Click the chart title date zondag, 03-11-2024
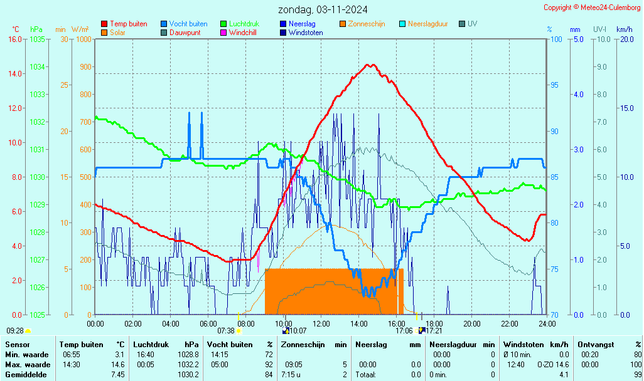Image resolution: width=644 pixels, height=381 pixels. (323, 9)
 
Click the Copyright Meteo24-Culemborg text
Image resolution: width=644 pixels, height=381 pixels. (593, 8)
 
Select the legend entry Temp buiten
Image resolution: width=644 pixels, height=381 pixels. (128, 24)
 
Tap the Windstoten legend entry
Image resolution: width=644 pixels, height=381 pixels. (306, 33)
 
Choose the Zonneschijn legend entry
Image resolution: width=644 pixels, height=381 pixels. (367, 24)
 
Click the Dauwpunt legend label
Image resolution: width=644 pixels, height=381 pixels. (185, 33)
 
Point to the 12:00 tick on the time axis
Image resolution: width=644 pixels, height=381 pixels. (321, 323)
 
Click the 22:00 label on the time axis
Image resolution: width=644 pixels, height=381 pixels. (510, 323)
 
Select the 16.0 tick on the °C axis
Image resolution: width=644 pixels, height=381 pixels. (15, 39)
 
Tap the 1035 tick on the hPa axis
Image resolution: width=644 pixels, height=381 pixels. (37, 39)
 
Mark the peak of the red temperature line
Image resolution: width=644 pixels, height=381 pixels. (371, 65)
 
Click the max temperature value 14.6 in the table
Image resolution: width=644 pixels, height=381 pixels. (118, 365)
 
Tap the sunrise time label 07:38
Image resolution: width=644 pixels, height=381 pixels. (226, 330)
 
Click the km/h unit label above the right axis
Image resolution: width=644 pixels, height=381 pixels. (624, 29)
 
